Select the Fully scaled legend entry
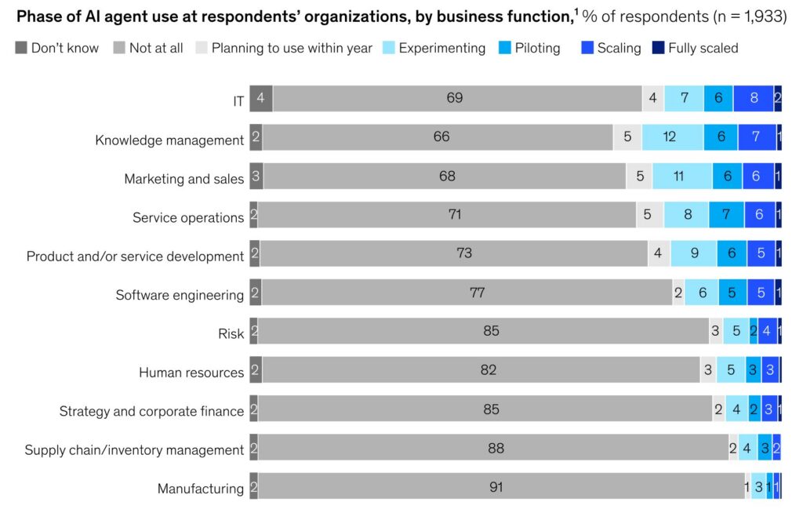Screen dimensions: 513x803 coord(703,48)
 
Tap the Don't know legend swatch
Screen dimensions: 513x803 coord(20,48)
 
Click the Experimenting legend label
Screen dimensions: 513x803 coord(441,48)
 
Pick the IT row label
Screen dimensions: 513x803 coord(238,101)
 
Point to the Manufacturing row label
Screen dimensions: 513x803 coord(201,489)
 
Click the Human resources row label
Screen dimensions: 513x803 coord(191,373)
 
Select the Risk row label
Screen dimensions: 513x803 coord(231,334)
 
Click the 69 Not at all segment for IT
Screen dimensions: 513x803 coord(455,98)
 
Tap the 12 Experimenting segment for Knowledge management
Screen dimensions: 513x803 coord(672,136)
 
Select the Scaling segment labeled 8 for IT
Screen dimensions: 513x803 coord(753,98)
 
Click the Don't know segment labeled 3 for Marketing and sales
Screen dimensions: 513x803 coord(256,176)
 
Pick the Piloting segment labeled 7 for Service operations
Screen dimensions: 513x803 coord(726,214)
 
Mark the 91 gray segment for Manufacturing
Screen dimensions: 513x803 coord(496,486)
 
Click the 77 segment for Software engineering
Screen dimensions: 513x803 coord(477,293)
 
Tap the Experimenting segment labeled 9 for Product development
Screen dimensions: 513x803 coord(693,253)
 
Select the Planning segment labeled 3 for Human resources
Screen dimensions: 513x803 coord(708,369)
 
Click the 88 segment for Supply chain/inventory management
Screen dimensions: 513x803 coord(496,448)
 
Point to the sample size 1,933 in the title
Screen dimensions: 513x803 coord(763,16)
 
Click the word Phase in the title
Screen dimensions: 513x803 coord(38,16)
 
